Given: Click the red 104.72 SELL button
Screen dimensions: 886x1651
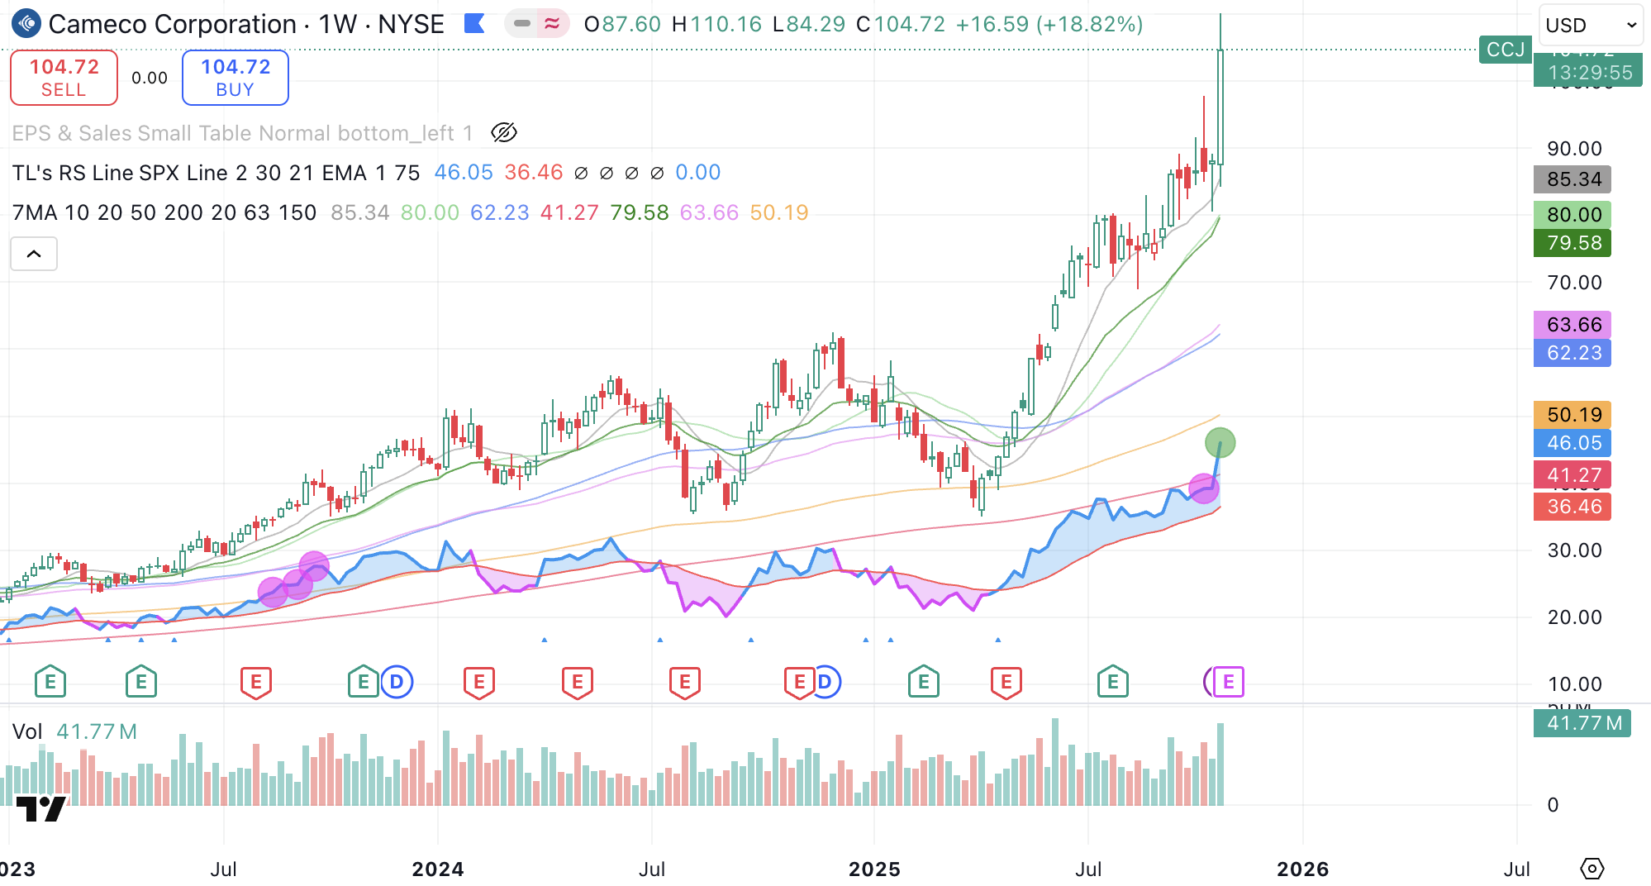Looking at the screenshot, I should point(64,78).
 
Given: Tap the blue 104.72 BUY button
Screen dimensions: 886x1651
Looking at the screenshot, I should point(235,78).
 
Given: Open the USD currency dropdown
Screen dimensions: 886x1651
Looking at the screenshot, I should point(1590,25).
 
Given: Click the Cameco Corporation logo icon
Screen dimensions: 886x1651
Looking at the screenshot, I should point(26,24).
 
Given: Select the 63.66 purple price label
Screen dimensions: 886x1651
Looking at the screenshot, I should point(1572,324).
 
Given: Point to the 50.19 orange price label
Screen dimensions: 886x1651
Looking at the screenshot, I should point(1572,414).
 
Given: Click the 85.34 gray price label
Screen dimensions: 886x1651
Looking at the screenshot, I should point(1572,179).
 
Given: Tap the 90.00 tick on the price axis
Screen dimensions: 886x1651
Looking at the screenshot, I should point(1573,149).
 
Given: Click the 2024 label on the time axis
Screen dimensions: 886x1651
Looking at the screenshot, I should point(438,869).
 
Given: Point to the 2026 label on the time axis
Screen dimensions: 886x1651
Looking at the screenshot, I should point(1302,869).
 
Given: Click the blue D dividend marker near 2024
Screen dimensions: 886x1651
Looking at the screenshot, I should point(397,682).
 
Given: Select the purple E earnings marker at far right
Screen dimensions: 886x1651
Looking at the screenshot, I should point(1228,682).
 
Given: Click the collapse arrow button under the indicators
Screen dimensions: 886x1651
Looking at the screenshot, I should point(34,254).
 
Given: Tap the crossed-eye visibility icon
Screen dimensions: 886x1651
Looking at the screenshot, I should point(503,132).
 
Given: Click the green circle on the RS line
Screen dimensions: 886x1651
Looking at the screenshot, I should point(1220,443).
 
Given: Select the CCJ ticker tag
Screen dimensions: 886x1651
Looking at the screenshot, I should point(1505,50).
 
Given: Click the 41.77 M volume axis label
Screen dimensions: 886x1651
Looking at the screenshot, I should point(1582,723).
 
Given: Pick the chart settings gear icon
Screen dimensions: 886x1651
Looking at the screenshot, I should point(1592,869).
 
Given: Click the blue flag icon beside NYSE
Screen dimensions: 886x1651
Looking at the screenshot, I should point(474,24).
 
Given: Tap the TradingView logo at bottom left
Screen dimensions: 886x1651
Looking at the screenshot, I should point(41,808).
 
